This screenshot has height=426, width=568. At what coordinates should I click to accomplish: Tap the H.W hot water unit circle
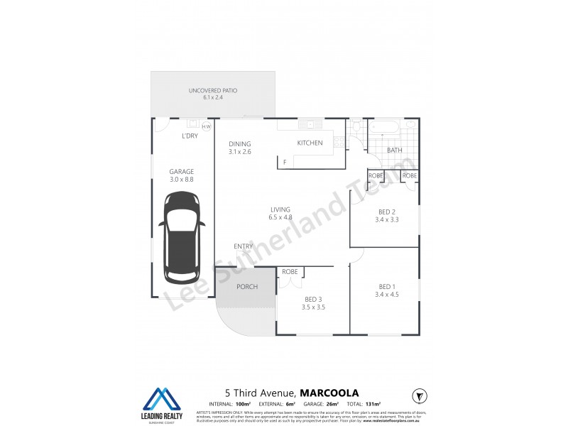point(207,127)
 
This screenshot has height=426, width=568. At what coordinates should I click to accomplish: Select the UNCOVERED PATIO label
point(212,91)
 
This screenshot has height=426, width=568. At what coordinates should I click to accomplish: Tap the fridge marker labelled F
point(285,163)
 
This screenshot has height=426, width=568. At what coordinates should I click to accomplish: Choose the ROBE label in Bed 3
point(290,272)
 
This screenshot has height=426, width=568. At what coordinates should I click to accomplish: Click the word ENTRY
point(244,246)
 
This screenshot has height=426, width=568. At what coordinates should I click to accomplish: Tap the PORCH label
point(246,287)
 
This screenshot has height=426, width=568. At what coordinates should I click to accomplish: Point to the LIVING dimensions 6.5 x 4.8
point(280,217)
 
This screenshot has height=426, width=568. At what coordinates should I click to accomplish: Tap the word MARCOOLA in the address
point(329,392)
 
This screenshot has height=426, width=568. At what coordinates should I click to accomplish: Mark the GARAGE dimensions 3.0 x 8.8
point(181,180)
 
